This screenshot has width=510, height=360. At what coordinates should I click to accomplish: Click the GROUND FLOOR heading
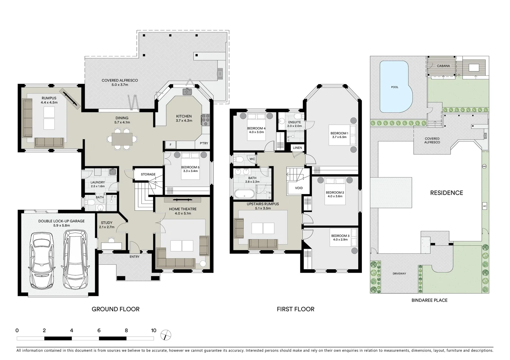pyautogui.click(x=115, y=309)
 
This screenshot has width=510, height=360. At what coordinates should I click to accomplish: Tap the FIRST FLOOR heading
pyautogui.click(x=296, y=309)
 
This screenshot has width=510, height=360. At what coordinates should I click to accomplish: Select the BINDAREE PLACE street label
pyautogui.click(x=429, y=300)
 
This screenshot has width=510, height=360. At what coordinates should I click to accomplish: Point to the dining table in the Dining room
pyautogui.click(x=122, y=139)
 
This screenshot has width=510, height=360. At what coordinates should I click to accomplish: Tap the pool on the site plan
pyautogui.click(x=395, y=87)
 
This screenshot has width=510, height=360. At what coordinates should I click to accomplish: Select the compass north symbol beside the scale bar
pyautogui.click(x=165, y=335)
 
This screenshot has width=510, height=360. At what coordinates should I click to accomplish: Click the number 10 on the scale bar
pyautogui.click(x=153, y=331)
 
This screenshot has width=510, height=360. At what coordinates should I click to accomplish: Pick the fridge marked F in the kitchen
pyautogui.click(x=171, y=145)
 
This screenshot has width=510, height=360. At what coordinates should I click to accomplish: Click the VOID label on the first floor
pyautogui.click(x=299, y=188)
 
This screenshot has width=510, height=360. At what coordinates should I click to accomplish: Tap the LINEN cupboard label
pyautogui.click(x=297, y=148)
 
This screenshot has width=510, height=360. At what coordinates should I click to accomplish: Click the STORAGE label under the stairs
pyautogui.click(x=148, y=174)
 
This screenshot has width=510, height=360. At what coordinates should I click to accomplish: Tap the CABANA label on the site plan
pyautogui.click(x=443, y=66)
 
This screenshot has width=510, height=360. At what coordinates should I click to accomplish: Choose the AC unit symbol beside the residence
pyautogui.click(x=484, y=206)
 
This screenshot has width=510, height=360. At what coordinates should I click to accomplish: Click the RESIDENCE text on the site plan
pyautogui.click(x=446, y=193)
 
